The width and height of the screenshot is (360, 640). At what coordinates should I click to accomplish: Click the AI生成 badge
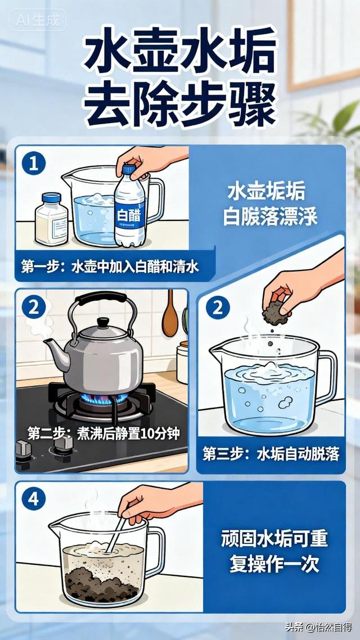37,21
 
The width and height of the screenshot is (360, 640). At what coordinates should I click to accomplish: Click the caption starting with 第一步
110,267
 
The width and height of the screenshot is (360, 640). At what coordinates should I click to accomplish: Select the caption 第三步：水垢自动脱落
271,454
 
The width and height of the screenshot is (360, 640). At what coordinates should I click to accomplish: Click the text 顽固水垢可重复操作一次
278,551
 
